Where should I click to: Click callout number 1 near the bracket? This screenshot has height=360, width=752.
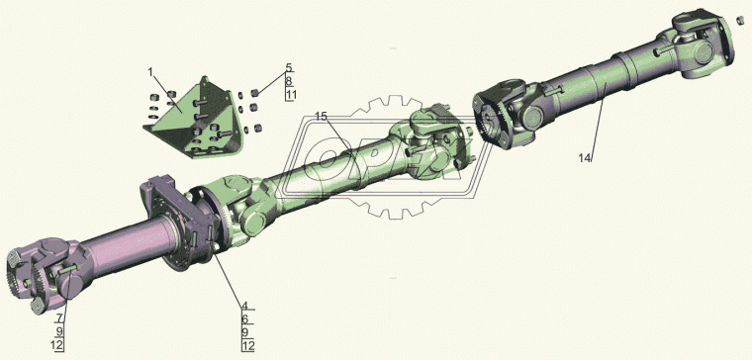[150, 72]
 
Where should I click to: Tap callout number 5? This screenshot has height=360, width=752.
[289, 67]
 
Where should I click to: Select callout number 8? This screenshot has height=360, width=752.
[289, 81]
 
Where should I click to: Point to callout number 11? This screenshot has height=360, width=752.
[291, 94]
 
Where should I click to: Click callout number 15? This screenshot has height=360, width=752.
[321, 116]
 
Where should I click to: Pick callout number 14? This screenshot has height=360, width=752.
[585, 158]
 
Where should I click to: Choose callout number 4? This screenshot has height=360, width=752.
[244, 306]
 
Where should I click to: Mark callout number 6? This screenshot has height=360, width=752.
[244, 318]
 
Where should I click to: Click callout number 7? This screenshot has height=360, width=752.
[59, 317]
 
